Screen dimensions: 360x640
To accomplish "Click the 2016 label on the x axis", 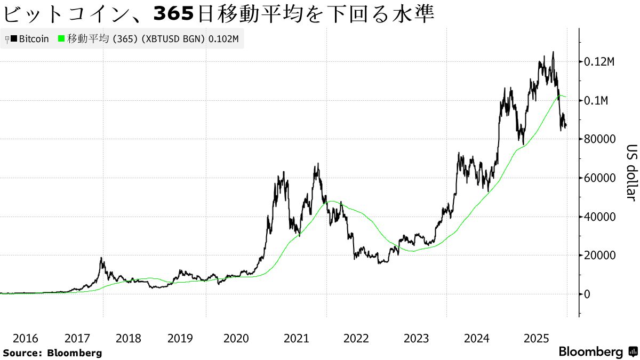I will (25, 338).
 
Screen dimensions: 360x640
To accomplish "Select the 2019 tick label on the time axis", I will (180, 338).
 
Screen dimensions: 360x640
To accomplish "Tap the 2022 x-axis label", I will (356, 338).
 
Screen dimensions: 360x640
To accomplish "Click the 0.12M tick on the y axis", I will (599, 62).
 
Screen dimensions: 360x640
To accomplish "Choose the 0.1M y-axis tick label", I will (596, 101).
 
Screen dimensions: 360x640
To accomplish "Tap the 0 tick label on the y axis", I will (587, 294).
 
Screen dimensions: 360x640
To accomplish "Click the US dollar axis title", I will (631, 173).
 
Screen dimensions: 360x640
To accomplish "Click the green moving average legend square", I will (61, 39).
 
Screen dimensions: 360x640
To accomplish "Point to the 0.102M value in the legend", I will (223, 39).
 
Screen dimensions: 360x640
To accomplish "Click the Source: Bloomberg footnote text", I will (52, 353).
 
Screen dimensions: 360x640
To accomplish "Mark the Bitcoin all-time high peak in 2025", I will (553, 52).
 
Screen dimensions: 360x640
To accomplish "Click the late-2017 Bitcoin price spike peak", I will (101, 258).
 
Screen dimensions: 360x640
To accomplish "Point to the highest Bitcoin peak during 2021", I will (318, 164).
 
